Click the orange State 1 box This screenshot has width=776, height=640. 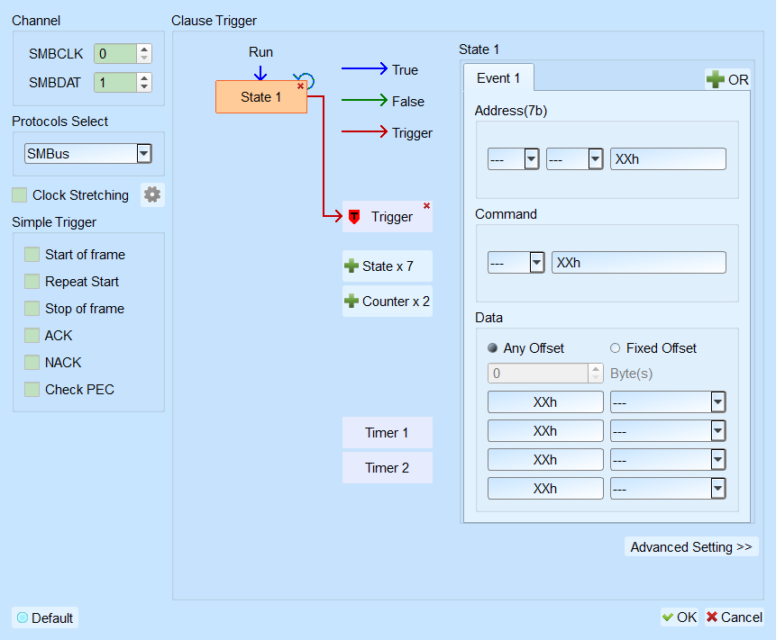[260, 97]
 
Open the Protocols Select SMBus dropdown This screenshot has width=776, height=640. [144, 154]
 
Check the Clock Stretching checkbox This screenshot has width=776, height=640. [19, 195]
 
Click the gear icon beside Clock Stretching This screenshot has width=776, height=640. [152, 194]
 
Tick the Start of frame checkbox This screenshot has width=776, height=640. [32, 255]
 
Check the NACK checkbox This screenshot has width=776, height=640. [32, 362]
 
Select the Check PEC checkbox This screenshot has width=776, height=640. [32, 390]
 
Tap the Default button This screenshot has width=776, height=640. [45, 617]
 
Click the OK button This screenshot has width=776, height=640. [680, 617]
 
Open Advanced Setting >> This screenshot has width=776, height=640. [691, 546]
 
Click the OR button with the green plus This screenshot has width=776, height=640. [727, 79]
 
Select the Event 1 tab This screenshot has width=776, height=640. [498, 78]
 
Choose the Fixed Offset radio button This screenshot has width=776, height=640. [616, 348]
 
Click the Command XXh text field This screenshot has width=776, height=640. [639, 263]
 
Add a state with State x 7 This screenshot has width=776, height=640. [387, 266]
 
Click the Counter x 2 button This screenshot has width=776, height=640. [387, 301]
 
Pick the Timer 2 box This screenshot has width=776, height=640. [387, 467]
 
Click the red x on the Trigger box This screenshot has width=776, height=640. [426, 205]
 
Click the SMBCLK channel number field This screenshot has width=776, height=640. [115, 54]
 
